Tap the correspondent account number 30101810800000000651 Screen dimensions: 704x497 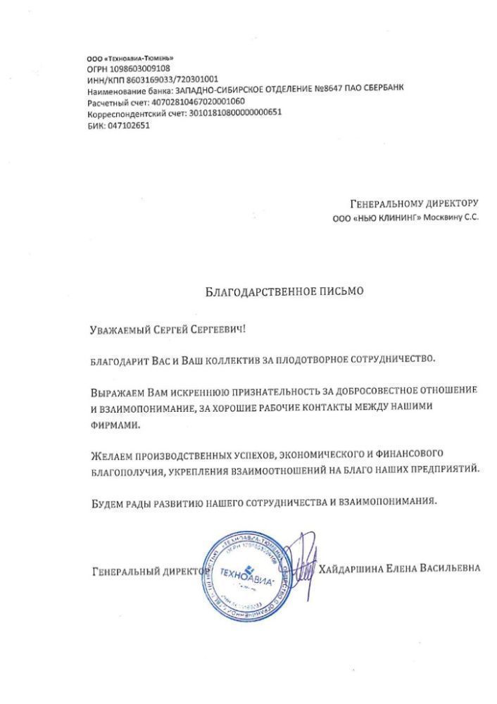[232, 113]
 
